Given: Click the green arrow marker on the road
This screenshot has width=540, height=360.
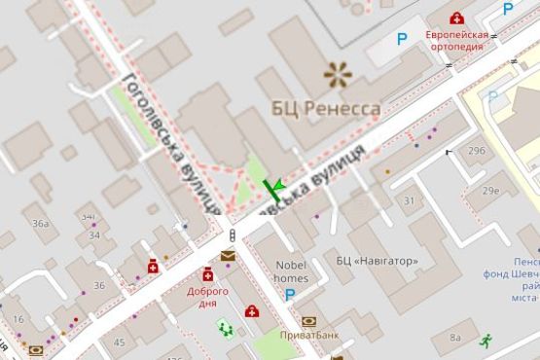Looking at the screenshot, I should point(277,185).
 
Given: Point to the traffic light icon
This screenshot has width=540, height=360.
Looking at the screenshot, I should point(232,235).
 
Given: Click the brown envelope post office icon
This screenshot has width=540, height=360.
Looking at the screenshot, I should point(228,256).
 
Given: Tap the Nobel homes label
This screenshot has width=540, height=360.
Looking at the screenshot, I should point(291,270).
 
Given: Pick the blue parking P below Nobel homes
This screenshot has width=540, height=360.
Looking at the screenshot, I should point(290,294).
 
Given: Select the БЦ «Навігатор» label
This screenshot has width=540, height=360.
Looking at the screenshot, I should point(378,261).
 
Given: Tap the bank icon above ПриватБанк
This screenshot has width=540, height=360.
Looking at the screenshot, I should point(309,321).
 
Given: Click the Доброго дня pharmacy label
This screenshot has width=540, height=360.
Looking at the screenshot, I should point(208,297).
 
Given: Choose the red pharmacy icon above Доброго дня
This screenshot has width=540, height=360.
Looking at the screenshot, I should point(208,275).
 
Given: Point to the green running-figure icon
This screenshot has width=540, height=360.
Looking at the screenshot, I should point(485,340).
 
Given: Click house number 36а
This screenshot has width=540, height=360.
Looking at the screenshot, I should point(40,224).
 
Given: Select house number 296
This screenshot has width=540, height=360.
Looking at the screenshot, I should point(476,151).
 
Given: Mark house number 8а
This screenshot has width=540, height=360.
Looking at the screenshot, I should point(455,338).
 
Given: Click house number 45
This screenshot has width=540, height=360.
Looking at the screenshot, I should point(119,342).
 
